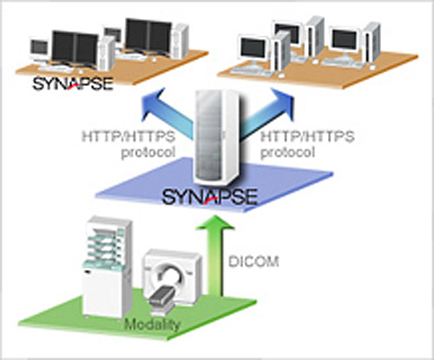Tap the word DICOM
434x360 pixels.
coord(253,262)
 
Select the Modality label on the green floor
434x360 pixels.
coord(152,325)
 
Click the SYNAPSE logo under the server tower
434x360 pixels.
coord(209,197)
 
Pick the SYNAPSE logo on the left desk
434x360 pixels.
coord(72,83)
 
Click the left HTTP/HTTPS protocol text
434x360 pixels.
coord(129,144)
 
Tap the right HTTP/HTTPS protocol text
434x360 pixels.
coord(307,144)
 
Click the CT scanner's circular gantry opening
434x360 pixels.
coord(168,277)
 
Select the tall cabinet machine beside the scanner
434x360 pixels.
coord(107,267)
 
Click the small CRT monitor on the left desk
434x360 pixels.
coord(39,49)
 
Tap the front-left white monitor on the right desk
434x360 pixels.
coord(253,49)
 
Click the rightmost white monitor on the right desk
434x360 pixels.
coord(345,41)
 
